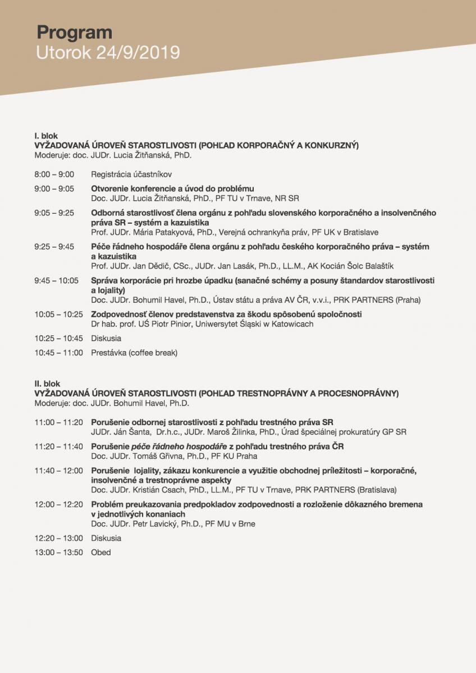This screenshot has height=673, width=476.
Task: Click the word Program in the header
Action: tap(74, 32)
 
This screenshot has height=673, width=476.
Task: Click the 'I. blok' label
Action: tap(46, 136)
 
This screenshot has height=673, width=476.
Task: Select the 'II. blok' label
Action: tap(47, 383)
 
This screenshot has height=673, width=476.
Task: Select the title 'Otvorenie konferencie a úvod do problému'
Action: tap(172, 188)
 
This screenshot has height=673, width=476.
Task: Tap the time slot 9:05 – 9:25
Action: tap(54, 213)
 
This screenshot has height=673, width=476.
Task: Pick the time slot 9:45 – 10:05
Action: tap(56, 280)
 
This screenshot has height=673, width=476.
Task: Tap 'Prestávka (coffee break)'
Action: tap(134, 353)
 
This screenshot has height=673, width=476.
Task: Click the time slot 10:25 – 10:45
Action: tap(58, 338)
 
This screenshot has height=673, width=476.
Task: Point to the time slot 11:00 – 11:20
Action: tap(58, 422)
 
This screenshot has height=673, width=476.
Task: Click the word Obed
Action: tap(101, 552)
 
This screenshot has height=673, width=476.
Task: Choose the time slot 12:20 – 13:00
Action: tap(58, 538)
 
